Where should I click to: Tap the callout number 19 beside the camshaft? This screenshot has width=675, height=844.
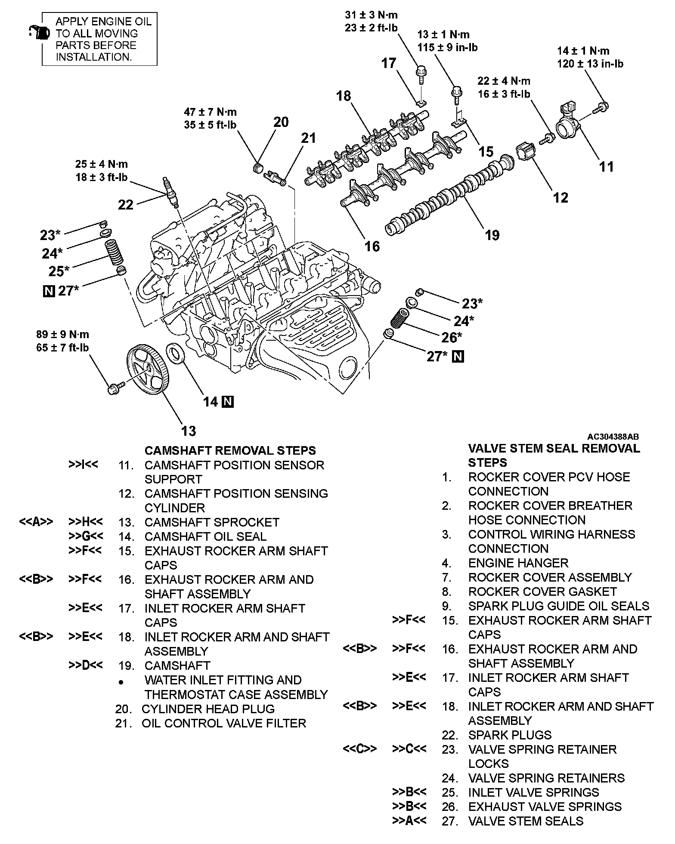click(492, 235)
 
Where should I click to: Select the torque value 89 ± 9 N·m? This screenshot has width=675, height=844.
click(63, 334)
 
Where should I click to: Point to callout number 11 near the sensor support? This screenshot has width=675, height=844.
click(607, 166)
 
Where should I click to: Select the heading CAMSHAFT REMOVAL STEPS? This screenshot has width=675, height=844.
click(230, 450)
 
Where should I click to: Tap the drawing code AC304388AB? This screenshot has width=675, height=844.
click(613, 436)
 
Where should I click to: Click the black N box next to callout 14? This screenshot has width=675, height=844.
click(228, 402)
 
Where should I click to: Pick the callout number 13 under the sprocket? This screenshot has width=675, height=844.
click(189, 431)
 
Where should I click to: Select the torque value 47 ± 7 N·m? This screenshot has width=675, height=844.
click(211, 112)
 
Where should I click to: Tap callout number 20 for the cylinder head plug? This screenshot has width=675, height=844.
click(281, 122)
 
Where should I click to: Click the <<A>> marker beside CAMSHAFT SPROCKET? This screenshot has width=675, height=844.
click(36, 522)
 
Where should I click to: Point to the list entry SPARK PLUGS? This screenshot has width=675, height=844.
click(510, 735)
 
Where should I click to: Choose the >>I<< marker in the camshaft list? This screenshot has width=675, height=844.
click(83, 465)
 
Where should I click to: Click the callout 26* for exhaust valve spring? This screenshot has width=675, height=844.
click(452, 337)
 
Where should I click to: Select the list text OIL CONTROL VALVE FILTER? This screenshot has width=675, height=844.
click(224, 723)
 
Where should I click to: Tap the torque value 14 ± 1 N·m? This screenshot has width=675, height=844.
click(583, 51)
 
